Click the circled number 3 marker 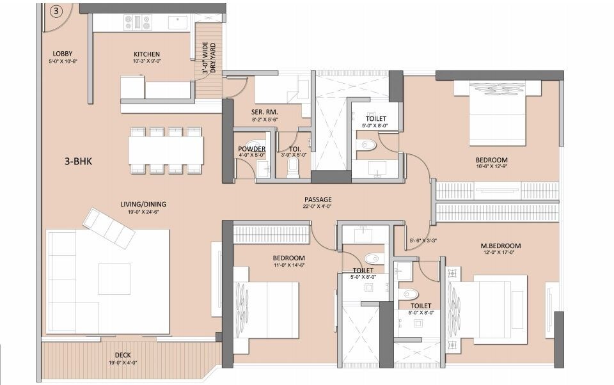click(56, 12)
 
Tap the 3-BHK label click(79, 162)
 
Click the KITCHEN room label click(146, 54)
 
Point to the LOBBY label click(62, 53)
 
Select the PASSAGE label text click(317, 199)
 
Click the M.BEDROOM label click(501, 246)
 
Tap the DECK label click(123, 356)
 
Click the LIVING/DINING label click(143, 205)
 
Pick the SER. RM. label click(264, 112)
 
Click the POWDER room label click(251, 149)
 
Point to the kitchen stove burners click(142, 22)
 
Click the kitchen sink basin click(177, 22)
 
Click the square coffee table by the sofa click(114, 279)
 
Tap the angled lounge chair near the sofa click(109, 228)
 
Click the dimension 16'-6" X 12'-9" click(491, 166)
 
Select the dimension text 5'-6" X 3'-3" click(423, 241)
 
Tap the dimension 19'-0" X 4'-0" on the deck click(123, 363)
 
